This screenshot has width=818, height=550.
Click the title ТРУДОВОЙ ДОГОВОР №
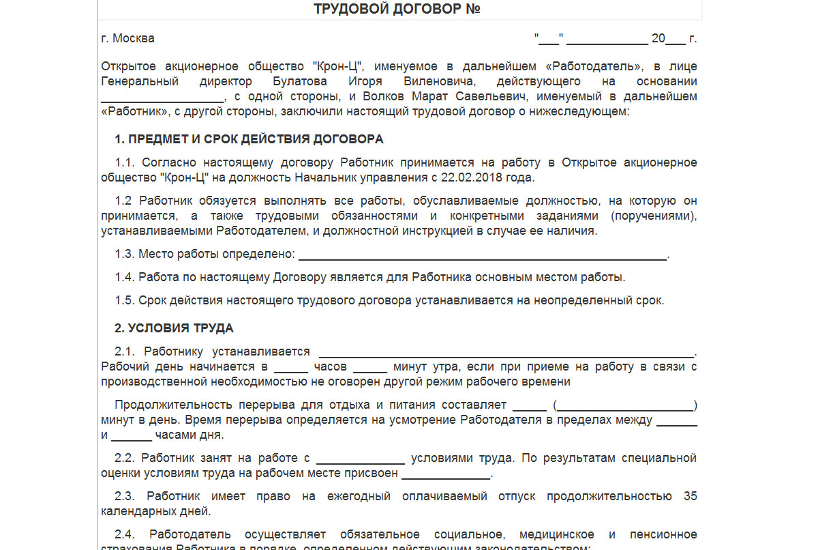pyautogui.click(x=398, y=9)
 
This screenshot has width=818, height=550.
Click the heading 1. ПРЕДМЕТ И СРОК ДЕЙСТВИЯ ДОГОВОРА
pyautogui.click(x=249, y=139)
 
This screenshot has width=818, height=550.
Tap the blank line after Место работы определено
pyautogui.click(x=483, y=257)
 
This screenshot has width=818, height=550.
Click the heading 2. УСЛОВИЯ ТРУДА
pyautogui.click(x=174, y=328)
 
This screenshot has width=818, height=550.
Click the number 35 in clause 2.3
pyautogui.click(x=690, y=496)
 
